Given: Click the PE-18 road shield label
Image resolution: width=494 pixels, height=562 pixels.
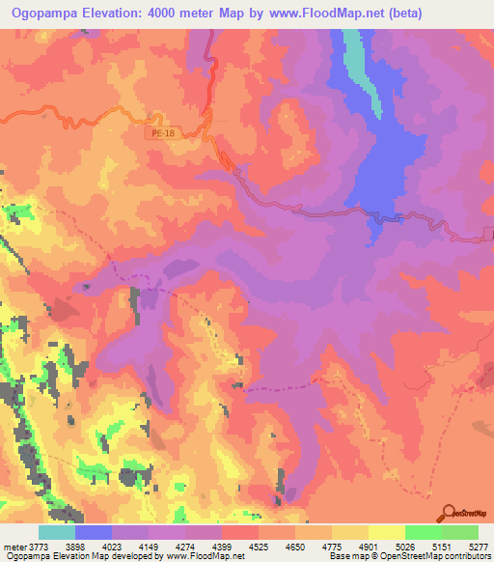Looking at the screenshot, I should coord(165,134).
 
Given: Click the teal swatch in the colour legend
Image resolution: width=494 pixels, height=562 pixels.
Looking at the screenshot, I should coord(57,532).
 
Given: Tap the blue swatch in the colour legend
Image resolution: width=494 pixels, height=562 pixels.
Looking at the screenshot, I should coord(94,532).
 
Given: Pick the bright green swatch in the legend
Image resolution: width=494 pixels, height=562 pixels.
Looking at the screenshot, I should coord(423,532).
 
